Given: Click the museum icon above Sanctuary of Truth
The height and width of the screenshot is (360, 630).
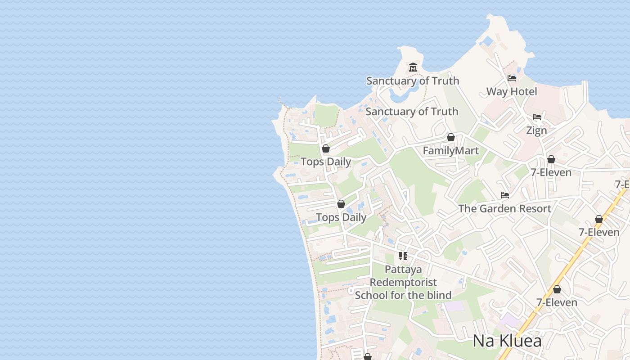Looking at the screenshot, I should pyautogui.click(x=413, y=67).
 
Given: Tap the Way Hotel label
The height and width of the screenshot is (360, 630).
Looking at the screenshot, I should pyautogui.click(x=512, y=91).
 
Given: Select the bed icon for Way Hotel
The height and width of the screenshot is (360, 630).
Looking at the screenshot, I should pyautogui.click(x=512, y=78).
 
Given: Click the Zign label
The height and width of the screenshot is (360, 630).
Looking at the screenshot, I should pyautogui.click(x=536, y=130).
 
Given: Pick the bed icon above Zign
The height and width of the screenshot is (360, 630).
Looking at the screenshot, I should pyautogui.click(x=537, y=117).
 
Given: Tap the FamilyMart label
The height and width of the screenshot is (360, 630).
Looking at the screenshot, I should pyautogui.click(x=451, y=151).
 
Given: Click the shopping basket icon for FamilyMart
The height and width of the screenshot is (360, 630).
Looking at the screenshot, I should pyautogui.click(x=450, y=137).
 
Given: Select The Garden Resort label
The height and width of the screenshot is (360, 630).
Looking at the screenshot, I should pyautogui.click(x=504, y=208).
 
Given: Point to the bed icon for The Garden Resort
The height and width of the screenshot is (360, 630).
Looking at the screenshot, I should pyautogui.click(x=505, y=195).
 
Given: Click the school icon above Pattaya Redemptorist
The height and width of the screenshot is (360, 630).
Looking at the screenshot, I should pyautogui.click(x=403, y=256).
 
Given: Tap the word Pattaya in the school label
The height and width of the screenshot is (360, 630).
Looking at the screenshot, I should pyautogui.click(x=403, y=270).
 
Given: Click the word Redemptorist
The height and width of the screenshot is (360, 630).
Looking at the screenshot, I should pyautogui.click(x=403, y=283).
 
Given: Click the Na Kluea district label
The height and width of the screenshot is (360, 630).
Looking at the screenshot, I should pyautogui.click(x=507, y=341).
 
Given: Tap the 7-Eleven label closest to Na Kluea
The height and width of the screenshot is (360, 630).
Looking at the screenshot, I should pyautogui.click(x=557, y=302).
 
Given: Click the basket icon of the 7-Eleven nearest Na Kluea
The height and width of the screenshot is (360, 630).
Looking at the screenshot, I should pyautogui.click(x=557, y=289).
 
